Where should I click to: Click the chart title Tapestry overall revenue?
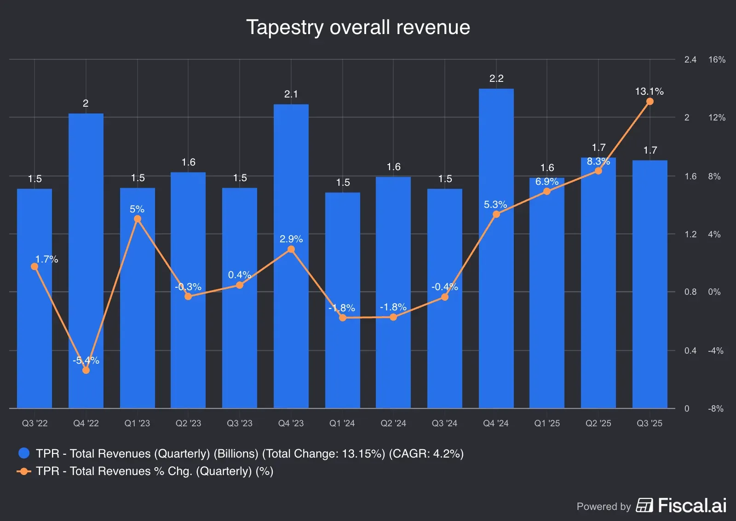[358, 28]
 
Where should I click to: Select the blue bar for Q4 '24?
[496, 276]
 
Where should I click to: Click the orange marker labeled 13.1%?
[650, 102]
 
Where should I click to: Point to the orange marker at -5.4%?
[86, 370]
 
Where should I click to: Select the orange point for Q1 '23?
[138, 219]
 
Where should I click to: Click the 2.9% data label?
[291, 239]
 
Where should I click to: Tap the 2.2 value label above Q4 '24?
[496, 79]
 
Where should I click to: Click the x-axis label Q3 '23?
[240, 423]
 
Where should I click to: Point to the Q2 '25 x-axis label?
[598, 423]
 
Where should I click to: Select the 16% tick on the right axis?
[717, 60]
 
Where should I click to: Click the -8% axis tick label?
[716, 408]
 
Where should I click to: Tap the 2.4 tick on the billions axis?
[690, 60]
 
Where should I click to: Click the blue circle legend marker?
[24, 453]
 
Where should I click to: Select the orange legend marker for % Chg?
[24, 471]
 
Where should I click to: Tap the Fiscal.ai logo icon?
[644, 505]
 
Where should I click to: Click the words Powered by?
[604, 507]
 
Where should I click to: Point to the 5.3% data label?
[495, 205]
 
